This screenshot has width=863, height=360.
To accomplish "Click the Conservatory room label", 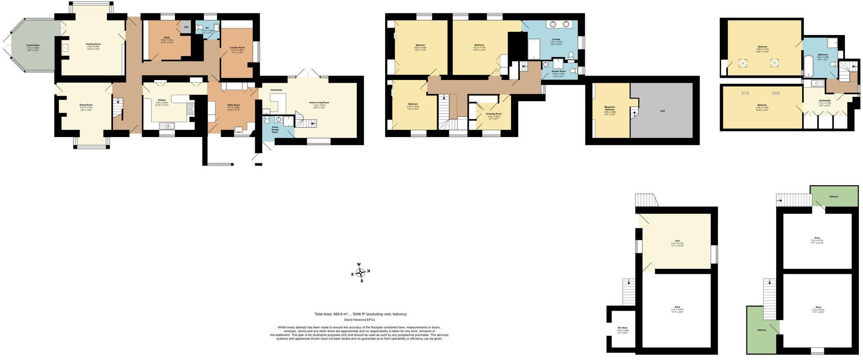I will tap(32, 45).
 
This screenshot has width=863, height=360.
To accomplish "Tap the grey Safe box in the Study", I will tap(186, 27).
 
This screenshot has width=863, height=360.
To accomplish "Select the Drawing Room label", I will tap(93, 44).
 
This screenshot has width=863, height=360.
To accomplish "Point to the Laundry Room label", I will tap(237, 47).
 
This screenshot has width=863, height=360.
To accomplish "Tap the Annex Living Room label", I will tap(319, 102).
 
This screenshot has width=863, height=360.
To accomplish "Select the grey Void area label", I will tap(662, 111).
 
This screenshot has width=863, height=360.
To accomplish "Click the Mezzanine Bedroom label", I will tap(609, 108).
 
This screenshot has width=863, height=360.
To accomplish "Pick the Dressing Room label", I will tap(494, 114).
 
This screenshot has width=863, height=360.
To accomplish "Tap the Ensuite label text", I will tap(556, 39).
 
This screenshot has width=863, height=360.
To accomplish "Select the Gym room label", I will tap(676, 241).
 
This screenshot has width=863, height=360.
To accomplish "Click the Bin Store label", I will tap(623, 328).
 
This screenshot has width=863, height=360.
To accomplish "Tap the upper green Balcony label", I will tap(833, 197).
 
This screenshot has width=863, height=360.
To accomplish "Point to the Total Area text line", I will tap(360, 314).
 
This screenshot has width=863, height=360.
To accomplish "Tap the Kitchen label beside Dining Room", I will tap(162, 100).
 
